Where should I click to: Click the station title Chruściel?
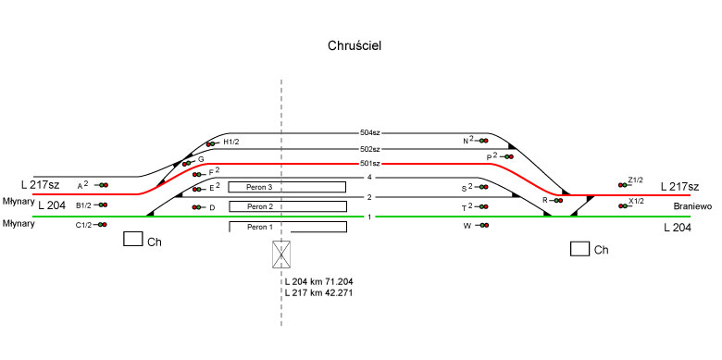355,46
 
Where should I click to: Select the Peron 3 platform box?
287,187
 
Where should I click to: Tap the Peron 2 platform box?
288,206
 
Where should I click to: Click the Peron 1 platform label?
260,227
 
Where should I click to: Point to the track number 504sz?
370,133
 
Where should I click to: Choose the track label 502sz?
370,149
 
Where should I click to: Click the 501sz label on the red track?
370,164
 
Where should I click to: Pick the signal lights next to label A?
102,185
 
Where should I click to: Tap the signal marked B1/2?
101,205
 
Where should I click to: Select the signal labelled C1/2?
101,225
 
